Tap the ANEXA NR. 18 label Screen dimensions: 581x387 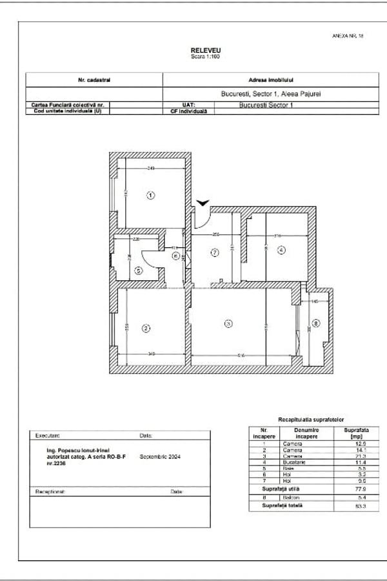tap(348, 37)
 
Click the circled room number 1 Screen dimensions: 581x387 tap(150, 195)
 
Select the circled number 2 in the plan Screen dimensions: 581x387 tap(146, 329)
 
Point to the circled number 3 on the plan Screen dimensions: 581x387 tap(227, 323)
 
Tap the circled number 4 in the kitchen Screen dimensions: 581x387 tap(281, 250)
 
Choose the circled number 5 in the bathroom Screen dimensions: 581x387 tap(139, 271)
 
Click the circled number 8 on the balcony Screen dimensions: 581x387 tap(315, 323)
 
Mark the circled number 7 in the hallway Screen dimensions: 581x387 tap(215, 252)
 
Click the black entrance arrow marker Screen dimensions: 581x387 tap(203, 203)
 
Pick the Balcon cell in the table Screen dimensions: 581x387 tap(290, 498)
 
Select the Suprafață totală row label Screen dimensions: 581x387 tap(283, 505)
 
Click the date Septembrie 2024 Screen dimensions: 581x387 tap(159, 457)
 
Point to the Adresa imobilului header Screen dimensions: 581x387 tap(272, 80)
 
